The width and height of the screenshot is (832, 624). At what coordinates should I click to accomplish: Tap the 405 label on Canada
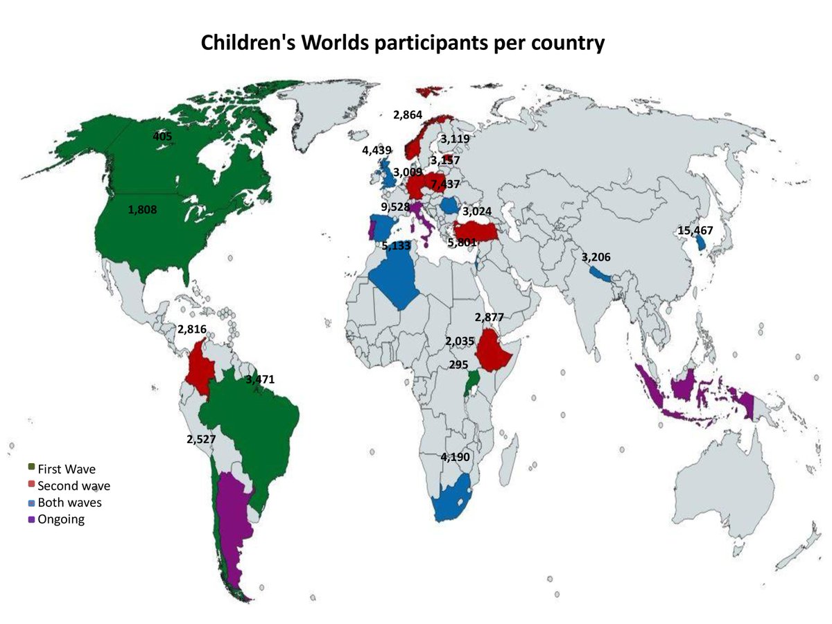coord(162,137)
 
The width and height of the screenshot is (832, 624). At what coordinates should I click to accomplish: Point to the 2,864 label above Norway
coord(408,115)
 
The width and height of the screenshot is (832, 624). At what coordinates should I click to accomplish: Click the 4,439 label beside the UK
coord(376,150)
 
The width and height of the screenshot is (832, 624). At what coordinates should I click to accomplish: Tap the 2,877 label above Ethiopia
coord(489,318)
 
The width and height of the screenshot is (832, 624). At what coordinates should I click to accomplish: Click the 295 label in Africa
coord(458,365)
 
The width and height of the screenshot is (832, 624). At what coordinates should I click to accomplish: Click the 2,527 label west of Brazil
coord(202,439)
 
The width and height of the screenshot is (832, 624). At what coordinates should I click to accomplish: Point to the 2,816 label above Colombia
coord(192,329)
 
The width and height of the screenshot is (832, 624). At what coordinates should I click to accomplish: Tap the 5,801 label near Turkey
coord(462,243)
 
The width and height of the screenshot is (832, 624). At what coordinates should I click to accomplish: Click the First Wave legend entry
coord(67,469)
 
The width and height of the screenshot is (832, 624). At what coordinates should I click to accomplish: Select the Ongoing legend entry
coord(61,519)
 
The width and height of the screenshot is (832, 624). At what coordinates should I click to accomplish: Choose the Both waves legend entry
coord(69,503)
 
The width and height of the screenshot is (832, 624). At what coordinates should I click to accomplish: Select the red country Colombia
coord(202,367)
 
